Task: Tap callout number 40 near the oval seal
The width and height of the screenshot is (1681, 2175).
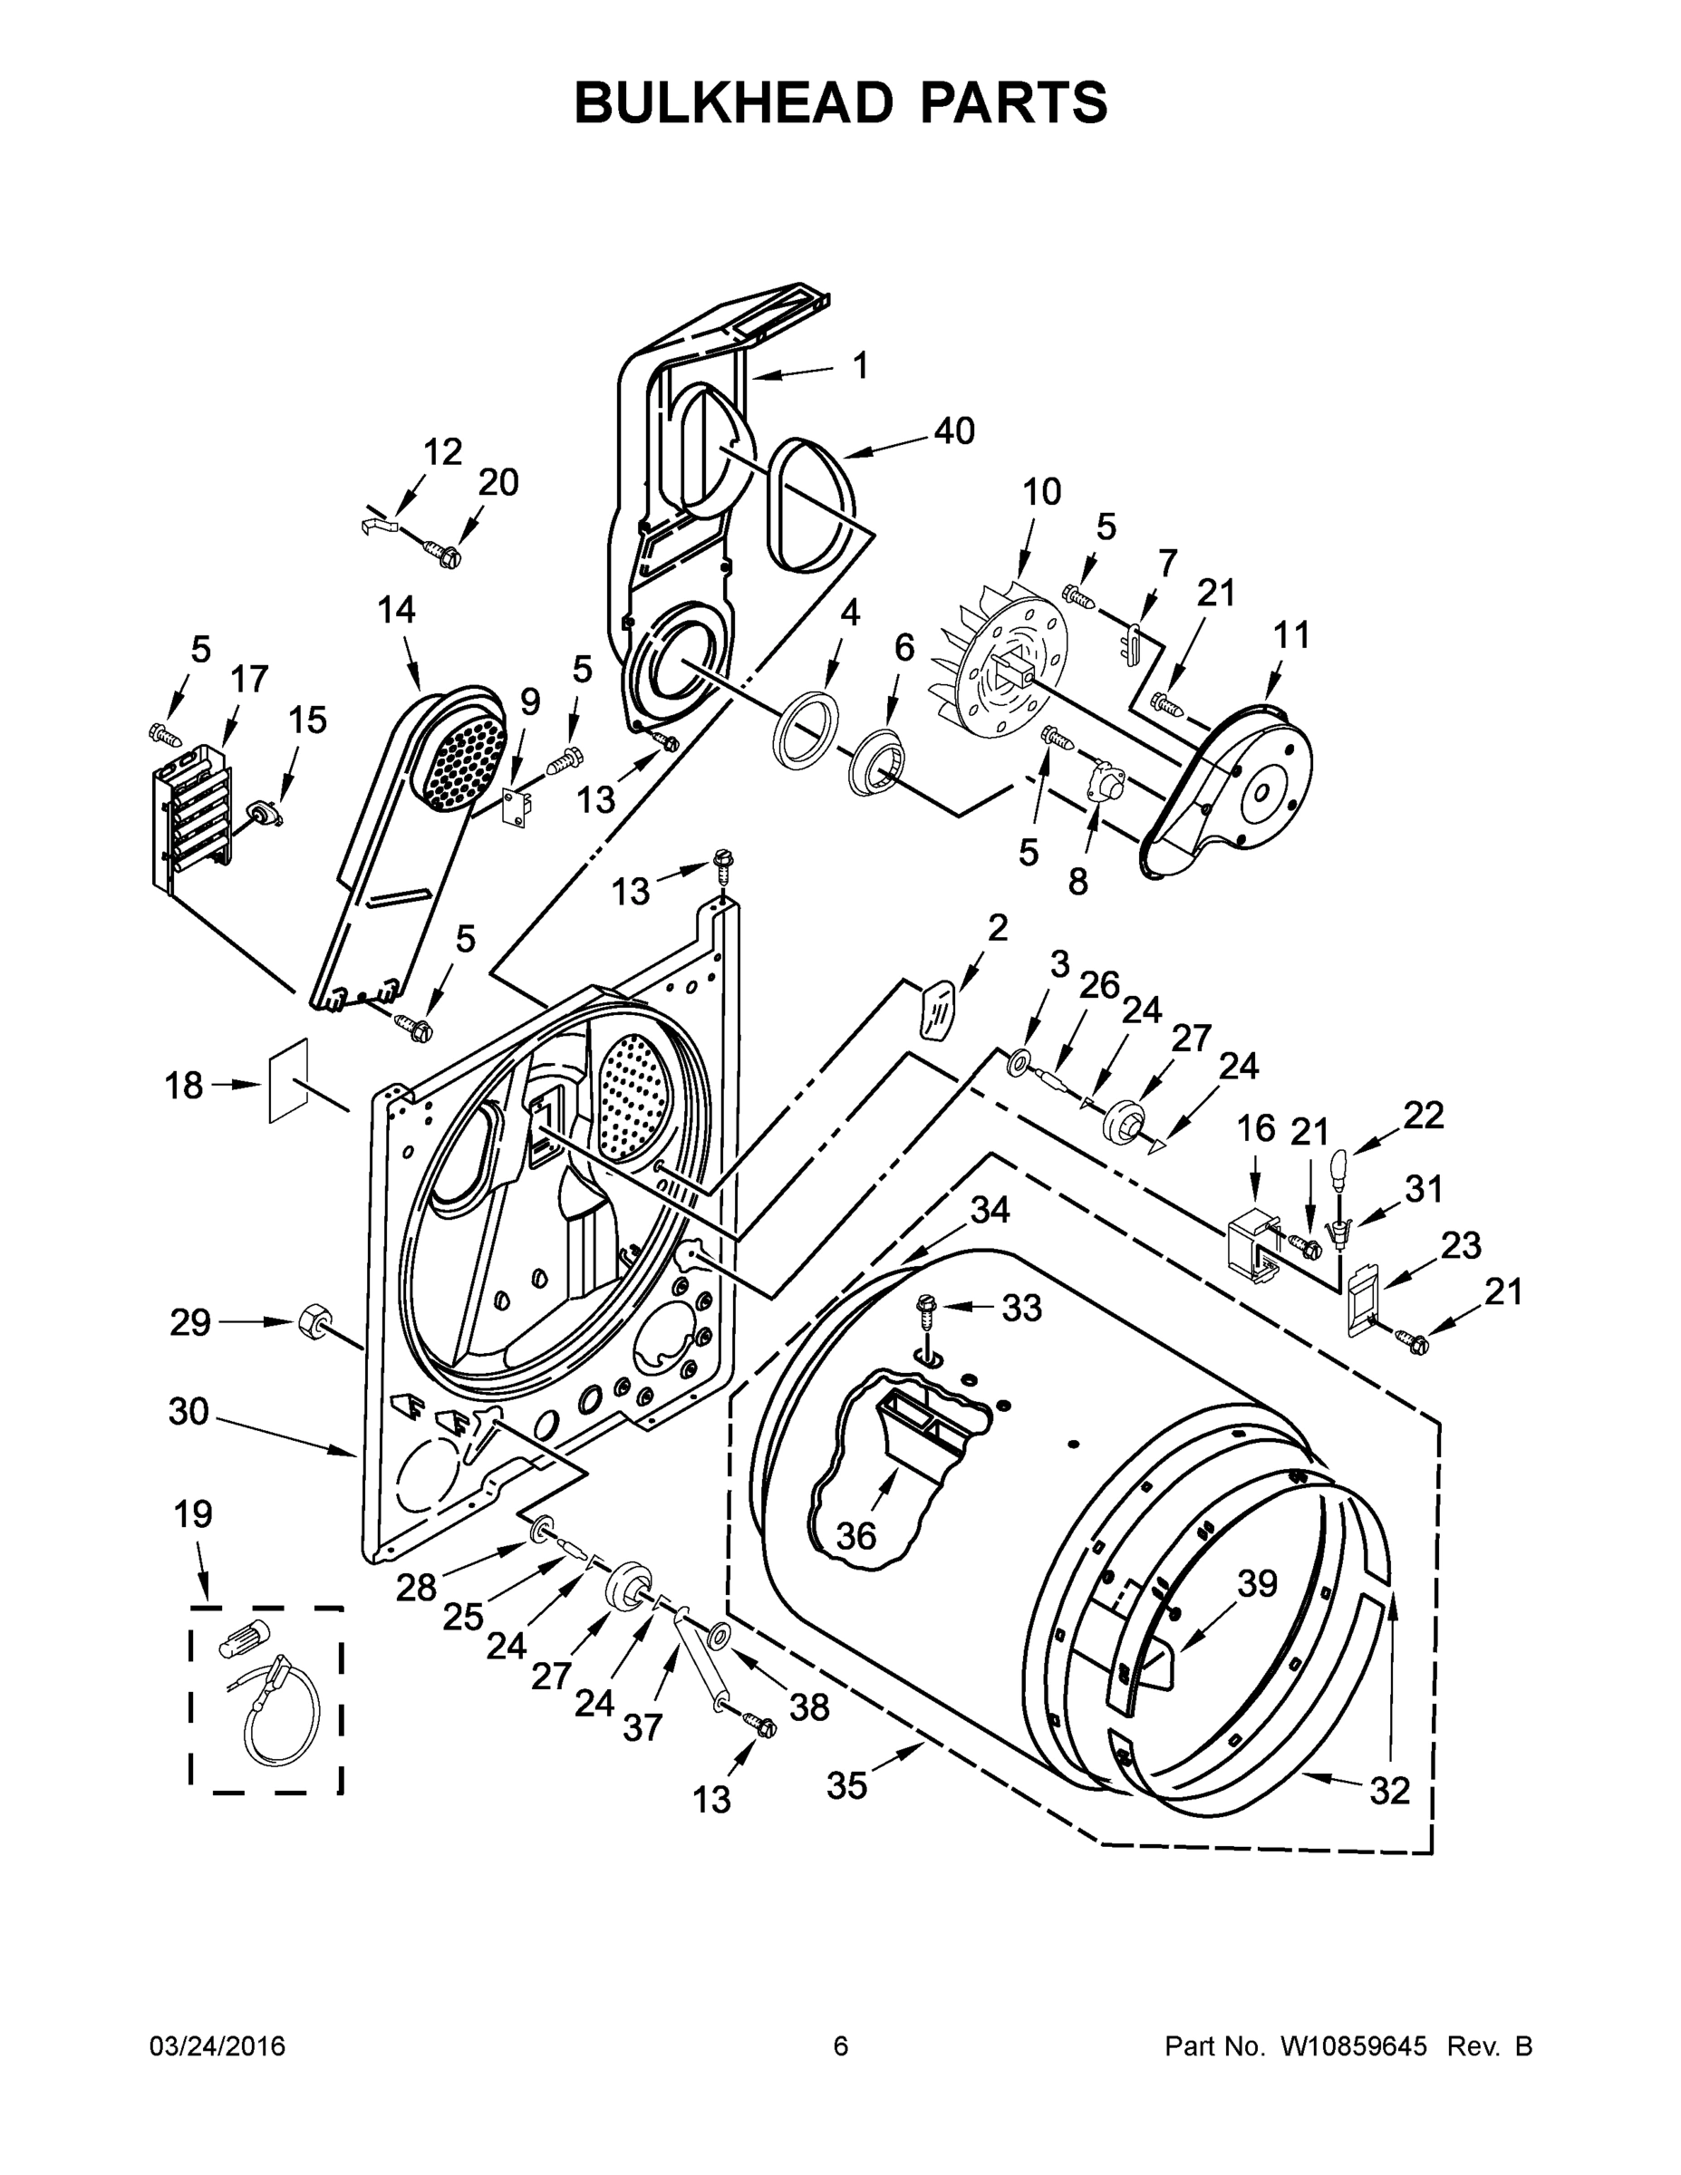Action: (953, 431)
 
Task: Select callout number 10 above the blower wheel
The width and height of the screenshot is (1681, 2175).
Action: (1041, 492)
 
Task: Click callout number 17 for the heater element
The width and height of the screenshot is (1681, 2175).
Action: (249, 679)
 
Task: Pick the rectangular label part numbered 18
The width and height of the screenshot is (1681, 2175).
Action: (289, 1080)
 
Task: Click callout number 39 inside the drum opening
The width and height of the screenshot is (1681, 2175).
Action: (1257, 1583)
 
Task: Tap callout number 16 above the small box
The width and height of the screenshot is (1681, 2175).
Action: (1256, 1128)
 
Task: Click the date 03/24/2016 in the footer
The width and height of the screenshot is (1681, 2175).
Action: (217, 2046)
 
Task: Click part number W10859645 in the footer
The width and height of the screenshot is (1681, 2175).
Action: (1353, 2046)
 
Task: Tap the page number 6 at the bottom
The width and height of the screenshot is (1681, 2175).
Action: (841, 2046)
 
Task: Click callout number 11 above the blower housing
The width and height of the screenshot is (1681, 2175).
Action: (1291, 634)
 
